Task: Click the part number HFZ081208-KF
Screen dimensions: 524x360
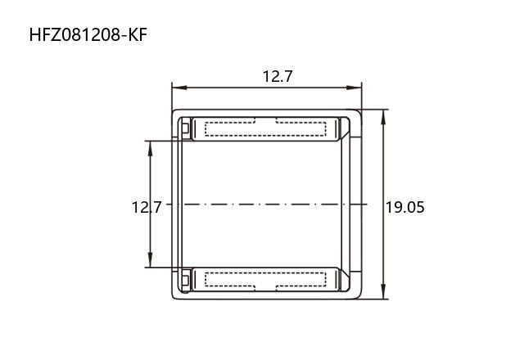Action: [88, 35]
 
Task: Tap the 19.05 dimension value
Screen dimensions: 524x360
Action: [405, 207]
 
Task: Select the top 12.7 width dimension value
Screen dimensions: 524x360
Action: [278, 76]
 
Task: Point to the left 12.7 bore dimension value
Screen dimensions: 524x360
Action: [147, 207]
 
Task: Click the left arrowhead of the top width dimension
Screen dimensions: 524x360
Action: [179, 88]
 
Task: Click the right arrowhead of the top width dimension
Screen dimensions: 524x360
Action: [355, 88]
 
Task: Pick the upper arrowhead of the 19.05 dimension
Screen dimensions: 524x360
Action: [383, 117]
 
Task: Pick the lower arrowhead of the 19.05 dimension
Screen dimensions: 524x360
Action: [383, 291]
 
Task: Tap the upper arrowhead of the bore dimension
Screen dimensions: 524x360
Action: [150, 149]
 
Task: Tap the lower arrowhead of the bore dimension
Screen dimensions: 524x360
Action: [150, 259]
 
